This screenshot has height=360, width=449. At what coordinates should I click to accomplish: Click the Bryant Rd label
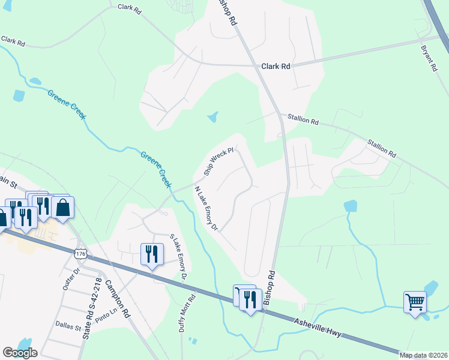pyautogui.click(x=429, y=57)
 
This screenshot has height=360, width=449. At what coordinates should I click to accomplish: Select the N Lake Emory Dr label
pyautogui.click(x=205, y=209)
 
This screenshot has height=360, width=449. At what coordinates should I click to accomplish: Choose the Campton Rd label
pyautogui.click(x=118, y=298)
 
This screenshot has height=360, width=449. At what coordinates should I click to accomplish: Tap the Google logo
pyautogui.click(x=20, y=353)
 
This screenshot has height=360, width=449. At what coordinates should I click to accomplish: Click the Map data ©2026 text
pyautogui.click(x=423, y=355)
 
